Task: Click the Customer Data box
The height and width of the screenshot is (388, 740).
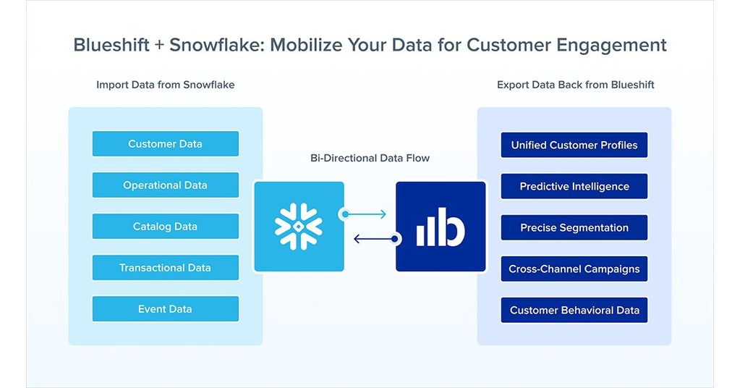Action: point(165,143)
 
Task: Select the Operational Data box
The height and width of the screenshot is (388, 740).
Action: point(165,185)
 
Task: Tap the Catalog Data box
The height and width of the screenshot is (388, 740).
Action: point(165,226)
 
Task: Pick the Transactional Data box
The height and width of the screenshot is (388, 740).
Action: point(165,267)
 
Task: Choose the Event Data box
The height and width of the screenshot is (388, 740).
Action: point(165,309)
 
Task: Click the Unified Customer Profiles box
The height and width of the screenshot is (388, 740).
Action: point(574,145)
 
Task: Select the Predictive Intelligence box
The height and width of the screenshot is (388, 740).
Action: point(574,186)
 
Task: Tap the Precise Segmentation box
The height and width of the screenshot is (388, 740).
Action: point(574,227)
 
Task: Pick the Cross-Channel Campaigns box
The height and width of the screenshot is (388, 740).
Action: point(574,269)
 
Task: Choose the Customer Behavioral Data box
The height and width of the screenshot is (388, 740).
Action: point(574,310)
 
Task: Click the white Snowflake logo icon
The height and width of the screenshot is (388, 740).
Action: point(298,227)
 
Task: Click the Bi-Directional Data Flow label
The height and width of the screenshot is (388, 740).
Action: point(370,158)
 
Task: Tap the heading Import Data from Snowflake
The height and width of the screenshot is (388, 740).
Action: point(165,85)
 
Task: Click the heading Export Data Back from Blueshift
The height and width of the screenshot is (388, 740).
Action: point(575,85)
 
